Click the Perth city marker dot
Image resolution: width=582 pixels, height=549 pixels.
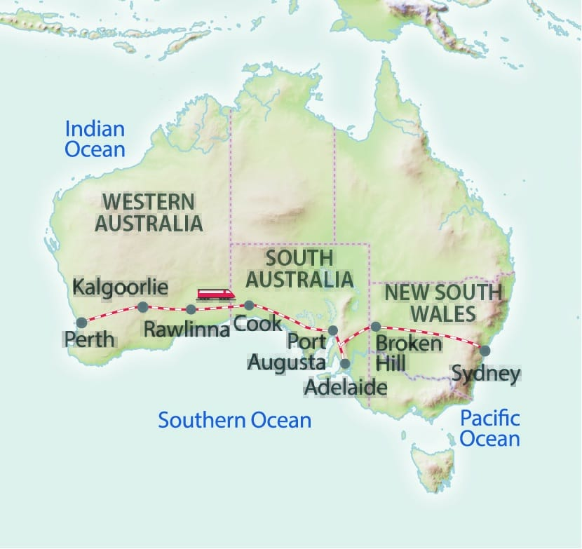click(81, 323)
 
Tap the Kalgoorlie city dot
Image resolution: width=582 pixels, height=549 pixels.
click(142, 306)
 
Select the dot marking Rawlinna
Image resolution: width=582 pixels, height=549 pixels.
click(191, 309)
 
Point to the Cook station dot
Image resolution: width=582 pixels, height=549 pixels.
click(248, 305)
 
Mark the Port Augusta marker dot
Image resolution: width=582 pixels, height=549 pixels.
click(333, 330)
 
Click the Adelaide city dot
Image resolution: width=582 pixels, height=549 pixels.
click(345, 363)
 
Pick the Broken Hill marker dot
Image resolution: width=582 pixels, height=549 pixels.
click(375, 326)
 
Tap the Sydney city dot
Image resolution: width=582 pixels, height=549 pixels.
click(485, 350)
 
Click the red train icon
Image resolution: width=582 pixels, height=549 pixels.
click(215, 294)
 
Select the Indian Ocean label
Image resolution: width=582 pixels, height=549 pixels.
click(95, 139)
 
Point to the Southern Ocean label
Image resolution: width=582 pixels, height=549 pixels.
click(234, 420)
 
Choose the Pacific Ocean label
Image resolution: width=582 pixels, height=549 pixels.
click(490, 428)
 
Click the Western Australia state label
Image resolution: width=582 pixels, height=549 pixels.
click(149, 213)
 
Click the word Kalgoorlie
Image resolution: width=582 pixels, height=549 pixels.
click(121, 287)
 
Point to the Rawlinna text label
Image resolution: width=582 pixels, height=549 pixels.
click(187, 328)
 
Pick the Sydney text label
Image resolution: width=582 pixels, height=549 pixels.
click(486, 373)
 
